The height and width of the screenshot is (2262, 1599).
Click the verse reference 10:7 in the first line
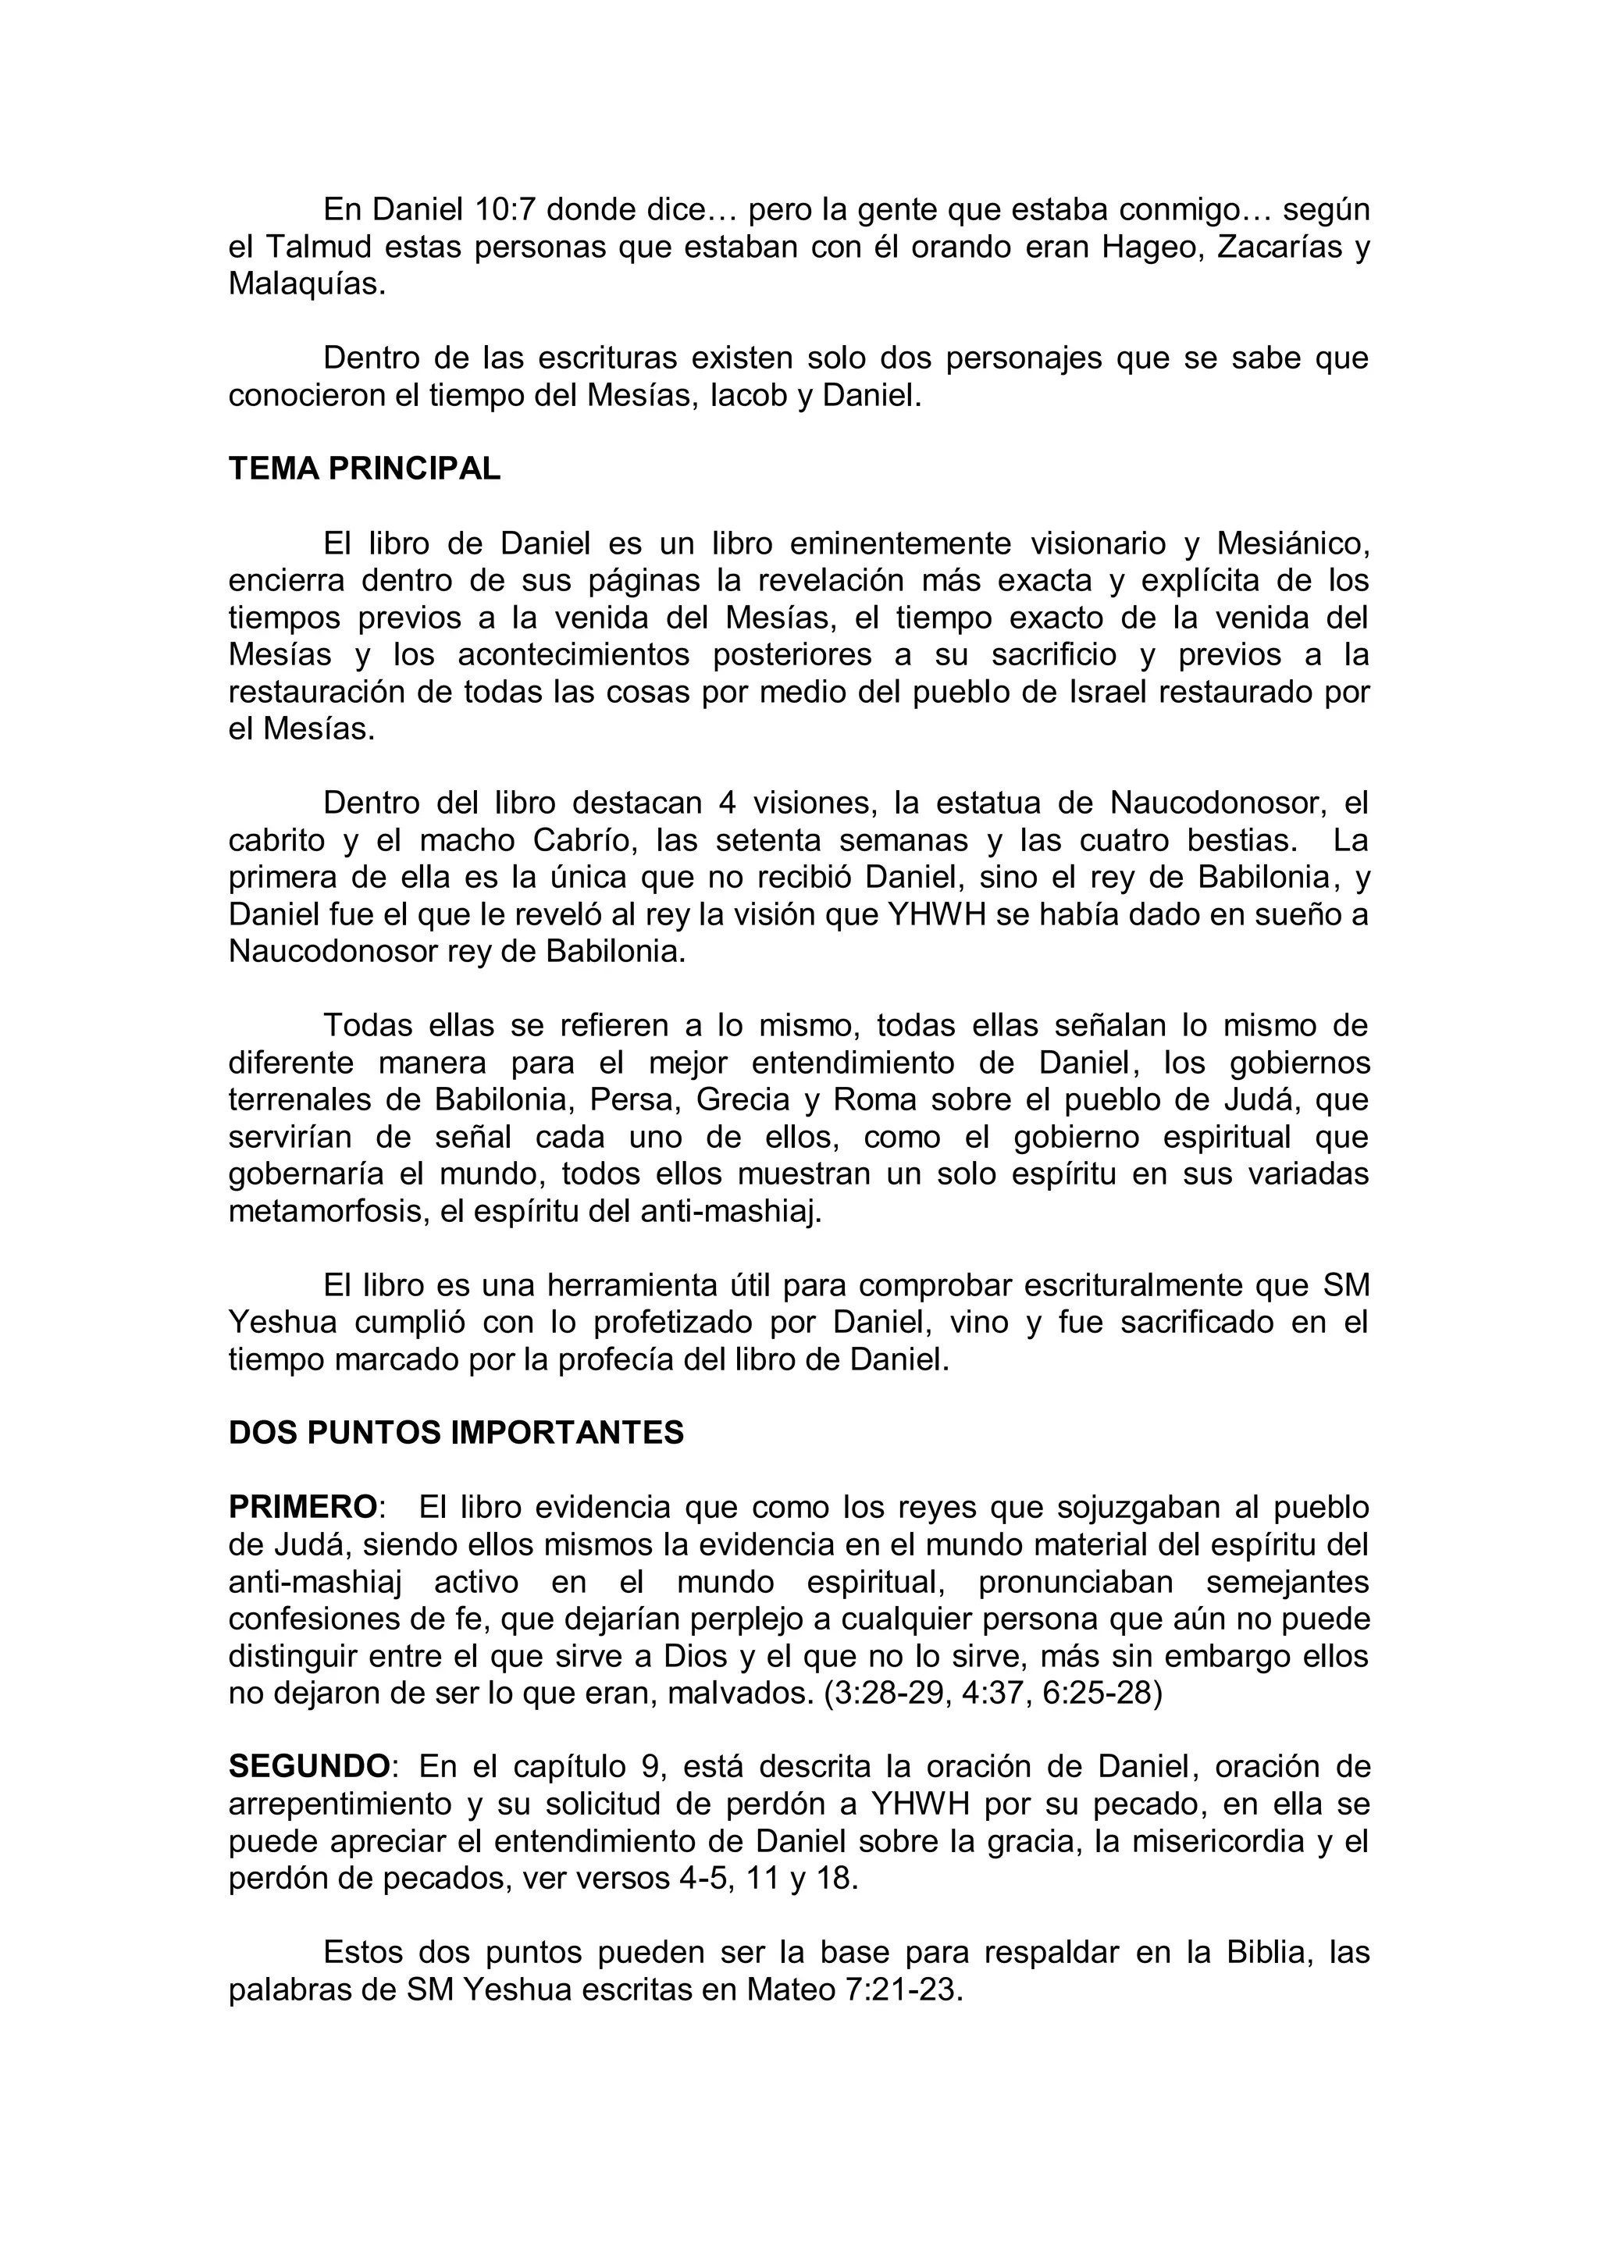(x=505, y=210)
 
